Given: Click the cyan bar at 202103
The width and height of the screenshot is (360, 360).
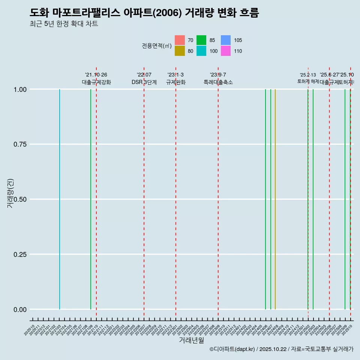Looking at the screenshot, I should [60, 199].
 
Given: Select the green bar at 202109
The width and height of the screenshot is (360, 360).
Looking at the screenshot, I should [91, 199].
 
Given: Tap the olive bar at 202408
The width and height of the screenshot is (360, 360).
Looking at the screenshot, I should [275, 199].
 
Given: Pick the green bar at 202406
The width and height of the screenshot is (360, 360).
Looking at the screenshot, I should [265, 199].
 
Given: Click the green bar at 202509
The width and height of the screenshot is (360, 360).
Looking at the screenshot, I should [345, 199].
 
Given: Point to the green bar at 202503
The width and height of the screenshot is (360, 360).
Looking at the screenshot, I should [313, 199].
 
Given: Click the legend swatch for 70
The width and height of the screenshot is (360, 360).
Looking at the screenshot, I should [180, 40].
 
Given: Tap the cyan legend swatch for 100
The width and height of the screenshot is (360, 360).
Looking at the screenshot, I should [202, 51].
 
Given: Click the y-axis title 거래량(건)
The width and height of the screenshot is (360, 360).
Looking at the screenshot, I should [10, 193].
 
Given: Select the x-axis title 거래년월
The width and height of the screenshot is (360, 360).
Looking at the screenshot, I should [192, 340].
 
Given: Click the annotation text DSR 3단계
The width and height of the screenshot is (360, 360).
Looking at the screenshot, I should [144, 82].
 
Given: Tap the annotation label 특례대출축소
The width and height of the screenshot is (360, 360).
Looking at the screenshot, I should [218, 82].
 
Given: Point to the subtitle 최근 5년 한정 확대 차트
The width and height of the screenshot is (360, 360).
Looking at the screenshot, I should [64, 24].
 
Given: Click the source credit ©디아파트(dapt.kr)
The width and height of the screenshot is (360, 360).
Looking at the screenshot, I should [232, 349].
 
